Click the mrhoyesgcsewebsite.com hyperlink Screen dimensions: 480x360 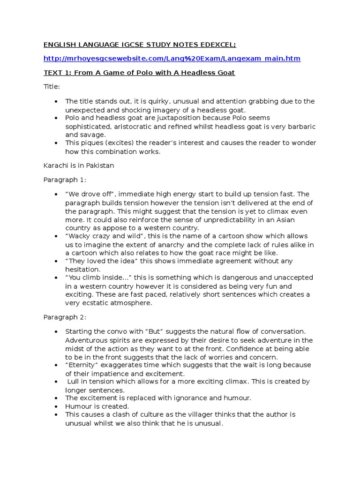172,59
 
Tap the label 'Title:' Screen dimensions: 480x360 52,87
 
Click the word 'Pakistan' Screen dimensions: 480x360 99,165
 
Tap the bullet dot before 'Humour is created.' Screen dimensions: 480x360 56,406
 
